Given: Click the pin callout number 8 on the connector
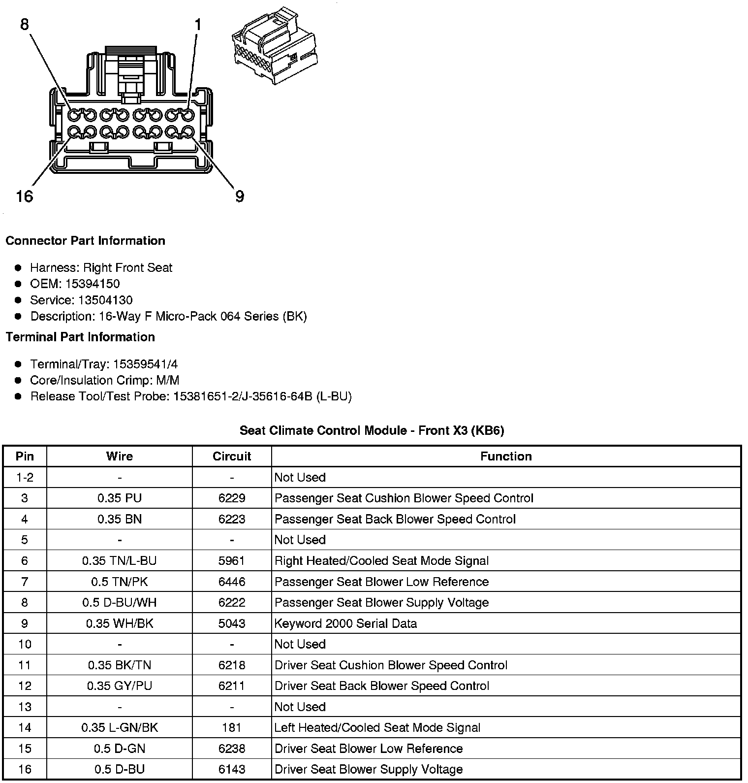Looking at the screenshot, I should pyautogui.click(x=25, y=24).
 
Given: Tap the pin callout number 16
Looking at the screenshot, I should pyautogui.click(x=24, y=196).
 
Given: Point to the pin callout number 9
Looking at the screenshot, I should pyautogui.click(x=239, y=196).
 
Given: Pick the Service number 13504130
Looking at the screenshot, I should pyautogui.click(x=105, y=300).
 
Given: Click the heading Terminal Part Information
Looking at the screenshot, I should pyautogui.click(x=80, y=337).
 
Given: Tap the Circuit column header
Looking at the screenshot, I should pyautogui.click(x=232, y=457).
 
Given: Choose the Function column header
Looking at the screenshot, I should pyautogui.click(x=506, y=457).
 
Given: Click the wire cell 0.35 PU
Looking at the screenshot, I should pyautogui.click(x=120, y=498).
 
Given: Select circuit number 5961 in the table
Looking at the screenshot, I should pyautogui.click(x=232, y=560).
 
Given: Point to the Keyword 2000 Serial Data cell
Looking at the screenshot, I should pyautogui.click(x=345, y=623).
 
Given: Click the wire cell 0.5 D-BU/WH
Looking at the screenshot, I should pyautogui.click(x=120, y=602).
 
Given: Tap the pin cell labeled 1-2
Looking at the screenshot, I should pyautogui.click(x=25, y=477).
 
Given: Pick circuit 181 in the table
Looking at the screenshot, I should pyautogui.click(x=232, y=727).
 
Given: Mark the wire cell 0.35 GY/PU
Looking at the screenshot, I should pyautogui.click(x=120, y=686).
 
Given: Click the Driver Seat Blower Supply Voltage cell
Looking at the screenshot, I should pyautogui.click(x=369, y=769).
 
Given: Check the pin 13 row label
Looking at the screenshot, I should pyautogui.click(x=25, y=707).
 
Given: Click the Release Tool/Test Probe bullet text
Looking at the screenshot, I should pyautogui.click(x=191, y=396).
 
